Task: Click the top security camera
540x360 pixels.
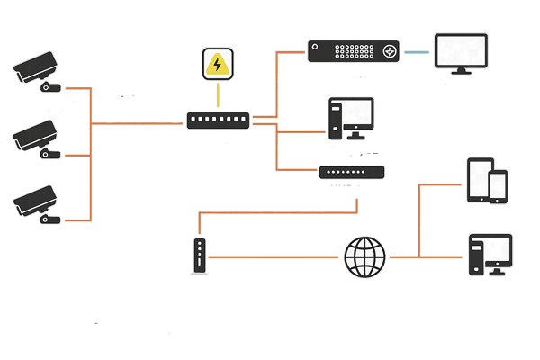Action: point(36,71)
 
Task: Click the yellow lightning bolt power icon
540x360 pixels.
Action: point(216,65)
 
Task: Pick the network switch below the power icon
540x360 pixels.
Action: point(219,120)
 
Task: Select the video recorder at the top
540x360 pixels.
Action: point(353,51)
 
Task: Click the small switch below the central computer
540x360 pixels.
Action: point(352,171)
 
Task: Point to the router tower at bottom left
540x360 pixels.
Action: point(199,256)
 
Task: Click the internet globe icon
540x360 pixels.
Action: point(365,256)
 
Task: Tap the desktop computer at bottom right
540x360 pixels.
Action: point(490,254)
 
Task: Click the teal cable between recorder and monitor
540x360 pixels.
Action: point(416,52)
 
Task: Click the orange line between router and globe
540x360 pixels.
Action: point(274,257)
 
